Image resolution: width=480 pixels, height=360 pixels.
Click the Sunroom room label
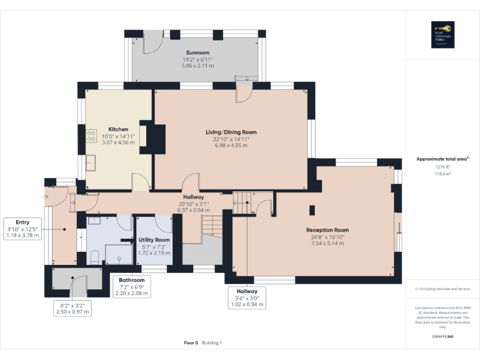coord(197,52)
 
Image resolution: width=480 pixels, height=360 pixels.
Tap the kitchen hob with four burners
coord(82,137)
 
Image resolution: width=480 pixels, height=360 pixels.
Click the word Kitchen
coord(118,129)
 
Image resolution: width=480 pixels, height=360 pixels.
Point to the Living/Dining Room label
coord(231,132)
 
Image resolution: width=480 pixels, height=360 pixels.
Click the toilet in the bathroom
coord(93,257)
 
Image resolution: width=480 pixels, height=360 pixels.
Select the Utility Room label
coord(154,240)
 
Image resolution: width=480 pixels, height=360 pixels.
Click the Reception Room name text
coord(327,230)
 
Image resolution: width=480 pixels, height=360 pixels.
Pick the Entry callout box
coord(22,229)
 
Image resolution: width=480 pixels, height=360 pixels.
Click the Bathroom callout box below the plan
coord(132,287)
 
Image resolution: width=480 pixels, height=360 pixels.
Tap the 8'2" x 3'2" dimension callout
coord(74,308)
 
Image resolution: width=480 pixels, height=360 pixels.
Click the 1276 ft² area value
coord(442,167)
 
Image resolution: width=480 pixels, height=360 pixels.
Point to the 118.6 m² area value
coord(442,174)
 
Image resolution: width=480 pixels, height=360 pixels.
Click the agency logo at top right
coord(442,34)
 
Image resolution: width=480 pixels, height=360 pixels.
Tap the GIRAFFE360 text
coord(442,336)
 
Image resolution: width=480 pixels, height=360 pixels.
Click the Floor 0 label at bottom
coord(191,342)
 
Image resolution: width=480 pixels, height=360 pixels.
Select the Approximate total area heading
coord(442,159)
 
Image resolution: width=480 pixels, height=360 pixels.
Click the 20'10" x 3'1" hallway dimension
coord(194,203)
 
